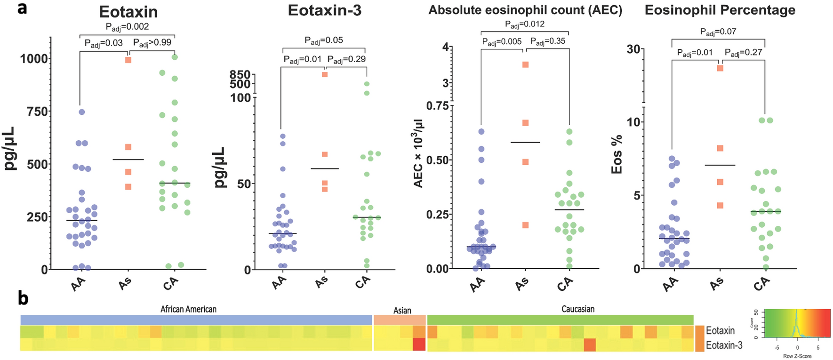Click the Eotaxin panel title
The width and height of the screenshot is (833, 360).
click(x=128, y=12)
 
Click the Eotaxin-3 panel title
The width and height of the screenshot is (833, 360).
click(x=324, y=10)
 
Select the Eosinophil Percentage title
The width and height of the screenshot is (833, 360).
click(x=720, y=10)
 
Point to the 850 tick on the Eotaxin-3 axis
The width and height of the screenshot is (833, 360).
click(x=240, y=75)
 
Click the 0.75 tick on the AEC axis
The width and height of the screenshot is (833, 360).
click(x=437, y=106)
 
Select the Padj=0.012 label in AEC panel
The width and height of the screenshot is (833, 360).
click(x=524, y=24)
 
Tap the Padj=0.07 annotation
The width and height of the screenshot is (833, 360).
click(x=718, y=32)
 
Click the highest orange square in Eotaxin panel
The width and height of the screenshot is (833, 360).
click(x=128, y=60)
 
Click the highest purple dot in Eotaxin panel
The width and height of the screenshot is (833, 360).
click(x=81, y=112)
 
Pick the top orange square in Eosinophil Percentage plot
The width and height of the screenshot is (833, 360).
click(x=720, y=68)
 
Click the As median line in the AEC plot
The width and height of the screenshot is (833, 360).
click(x=525, y=142)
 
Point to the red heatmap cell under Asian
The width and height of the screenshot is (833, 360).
click(x=419, y=344)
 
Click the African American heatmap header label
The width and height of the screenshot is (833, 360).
click(x=188, y=309)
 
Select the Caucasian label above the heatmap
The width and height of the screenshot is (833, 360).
click(x=577, y=309)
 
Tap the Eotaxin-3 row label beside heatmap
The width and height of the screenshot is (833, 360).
click(x=724, y=345)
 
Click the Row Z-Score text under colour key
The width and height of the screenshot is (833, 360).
click(x=797, y=356)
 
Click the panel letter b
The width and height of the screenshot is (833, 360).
click(x=24, y=299)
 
